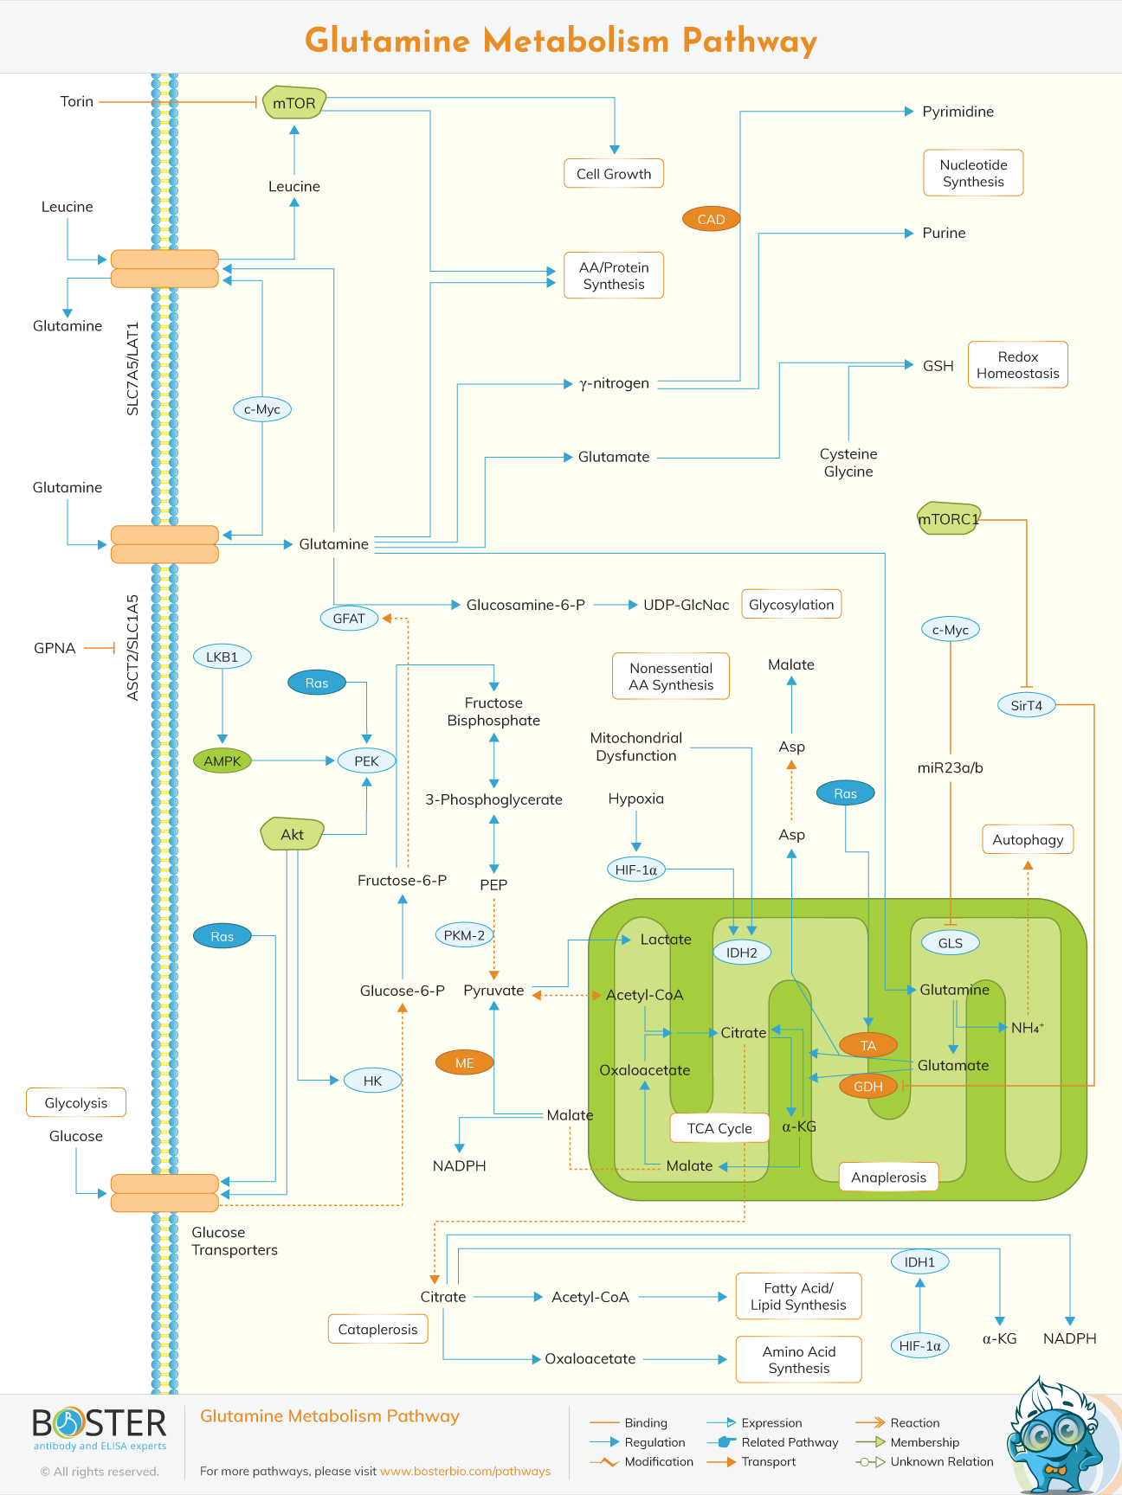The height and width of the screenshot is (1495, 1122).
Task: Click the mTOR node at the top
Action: (x=294, y=103)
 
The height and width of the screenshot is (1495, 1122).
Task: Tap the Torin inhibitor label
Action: (x=76, y=101)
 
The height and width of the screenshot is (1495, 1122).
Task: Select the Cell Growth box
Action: (x=614, y=174)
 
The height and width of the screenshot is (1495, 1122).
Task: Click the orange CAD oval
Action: (x=711, y=219)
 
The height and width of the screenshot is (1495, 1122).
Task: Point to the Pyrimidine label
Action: (x=958, y=112)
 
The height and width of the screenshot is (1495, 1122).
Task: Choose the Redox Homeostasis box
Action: (x=1017, y=365)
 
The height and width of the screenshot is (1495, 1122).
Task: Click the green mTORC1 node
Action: (x=949, y=519)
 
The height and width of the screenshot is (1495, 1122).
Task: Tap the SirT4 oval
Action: (x=1027, y=705)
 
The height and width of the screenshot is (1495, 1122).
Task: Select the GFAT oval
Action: (x=349, y=619)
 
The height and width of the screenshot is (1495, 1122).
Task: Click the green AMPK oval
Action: (x=222, y=761)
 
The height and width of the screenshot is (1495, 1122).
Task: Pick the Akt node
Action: (x=293, y=834)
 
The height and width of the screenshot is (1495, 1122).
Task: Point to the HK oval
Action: (x=372, y=1081)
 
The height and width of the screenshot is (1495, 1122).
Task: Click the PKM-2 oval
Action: (x=464, y=935)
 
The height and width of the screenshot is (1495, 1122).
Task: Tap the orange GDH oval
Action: (x=868, y=1087)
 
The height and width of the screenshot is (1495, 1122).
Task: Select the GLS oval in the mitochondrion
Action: (x=950, y=943)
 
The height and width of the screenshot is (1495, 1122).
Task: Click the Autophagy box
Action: (x=1028, y=839)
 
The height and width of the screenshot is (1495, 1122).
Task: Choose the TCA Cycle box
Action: (x=719, y=1128)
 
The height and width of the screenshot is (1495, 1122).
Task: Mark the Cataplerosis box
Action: (x=377, y=1330)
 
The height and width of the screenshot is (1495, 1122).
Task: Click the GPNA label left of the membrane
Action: (x=55, y=648)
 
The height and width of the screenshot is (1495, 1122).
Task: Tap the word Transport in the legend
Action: (x=769, y=1462)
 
